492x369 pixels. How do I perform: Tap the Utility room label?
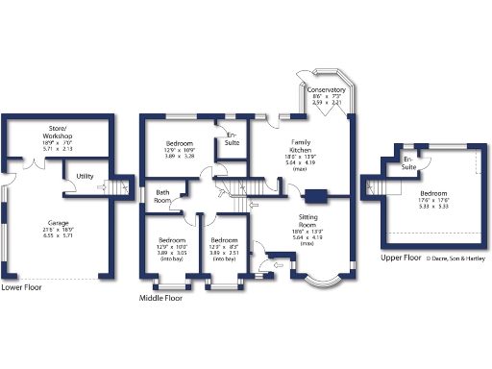(x=86, y=177)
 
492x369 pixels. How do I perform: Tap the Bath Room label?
(x=163, y=197)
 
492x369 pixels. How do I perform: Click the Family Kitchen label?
(x=301, y=147)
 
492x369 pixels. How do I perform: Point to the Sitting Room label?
(x=307, y=222)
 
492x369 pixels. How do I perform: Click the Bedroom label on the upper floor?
(x=432, y=192)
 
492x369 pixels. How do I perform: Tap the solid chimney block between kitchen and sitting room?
(x=314, y=198)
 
